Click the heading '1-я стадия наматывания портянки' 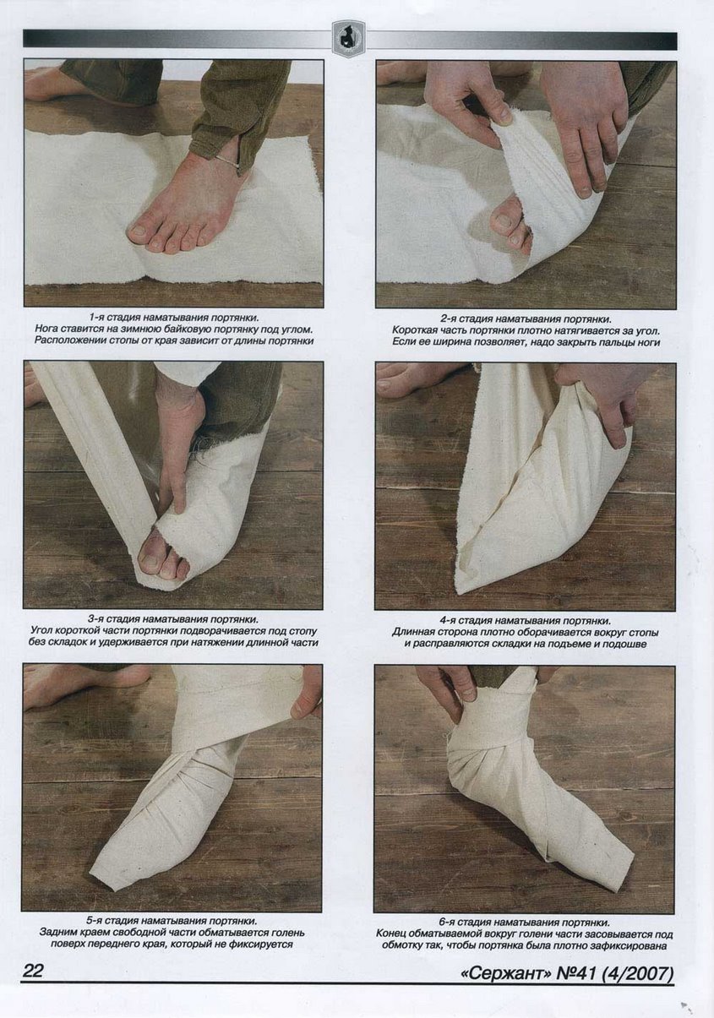point(174,316)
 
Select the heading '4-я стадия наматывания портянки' point(525,620)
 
